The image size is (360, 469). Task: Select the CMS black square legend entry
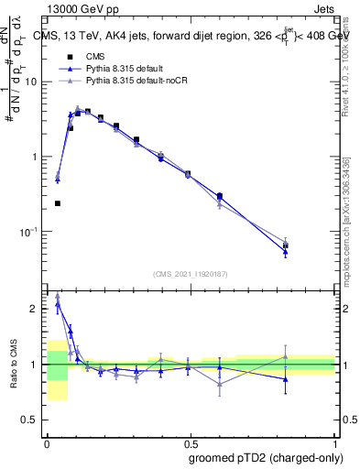pos(69,57)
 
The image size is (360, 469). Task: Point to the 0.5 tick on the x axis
pos(190,439)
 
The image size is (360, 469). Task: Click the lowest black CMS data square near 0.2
pos(58,203)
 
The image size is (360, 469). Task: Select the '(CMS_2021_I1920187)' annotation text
pos(191,273)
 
